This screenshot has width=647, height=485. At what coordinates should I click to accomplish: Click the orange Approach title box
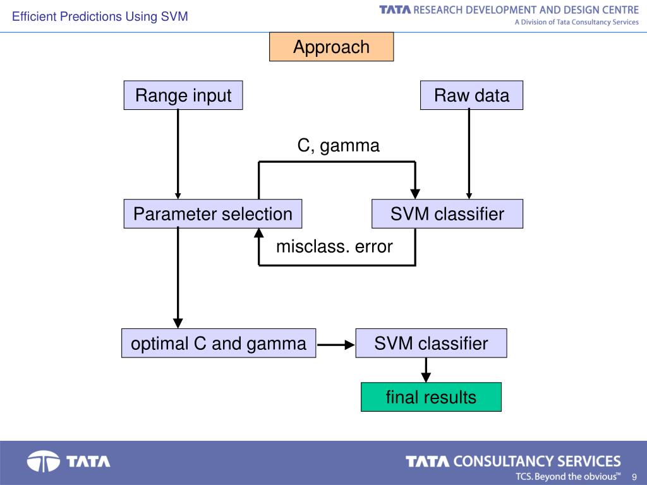pos(331,47)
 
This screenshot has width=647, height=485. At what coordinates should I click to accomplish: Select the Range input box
pos(183,95)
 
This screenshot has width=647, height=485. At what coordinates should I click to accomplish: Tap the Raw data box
pos(471,95)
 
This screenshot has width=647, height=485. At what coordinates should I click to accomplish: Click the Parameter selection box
pos(213,213)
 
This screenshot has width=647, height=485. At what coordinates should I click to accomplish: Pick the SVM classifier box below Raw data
pos(447,213)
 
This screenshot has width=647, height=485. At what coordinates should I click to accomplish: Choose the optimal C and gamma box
pos(219,343)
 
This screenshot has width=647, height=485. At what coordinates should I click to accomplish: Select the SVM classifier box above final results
pos(431,343)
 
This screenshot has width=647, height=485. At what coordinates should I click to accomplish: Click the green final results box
pos(431,397)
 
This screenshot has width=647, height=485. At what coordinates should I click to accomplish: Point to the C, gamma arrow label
pos(339,146)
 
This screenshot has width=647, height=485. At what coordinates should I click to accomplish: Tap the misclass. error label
pos(334,247)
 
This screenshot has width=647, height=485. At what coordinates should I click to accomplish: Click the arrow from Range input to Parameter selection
pos(178,154)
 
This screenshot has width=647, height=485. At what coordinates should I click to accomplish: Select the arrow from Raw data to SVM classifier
pos(469,154)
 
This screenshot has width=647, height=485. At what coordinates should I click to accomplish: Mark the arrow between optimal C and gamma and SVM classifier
pos(336,344)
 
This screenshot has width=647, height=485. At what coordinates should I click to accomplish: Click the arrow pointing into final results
pos(426,370)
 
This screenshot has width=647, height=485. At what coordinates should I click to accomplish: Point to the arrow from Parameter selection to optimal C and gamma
pos(178,278)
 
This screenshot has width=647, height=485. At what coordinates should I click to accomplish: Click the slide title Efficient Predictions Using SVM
pos(100,16)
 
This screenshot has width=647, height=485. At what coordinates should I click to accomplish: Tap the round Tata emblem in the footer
pos(44,461)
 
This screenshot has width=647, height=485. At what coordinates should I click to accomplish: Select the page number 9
pos(634,477)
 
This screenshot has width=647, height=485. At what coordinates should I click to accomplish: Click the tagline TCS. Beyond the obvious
pos(568,476)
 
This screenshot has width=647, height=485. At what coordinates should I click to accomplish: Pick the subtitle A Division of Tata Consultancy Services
pos(576,22)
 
